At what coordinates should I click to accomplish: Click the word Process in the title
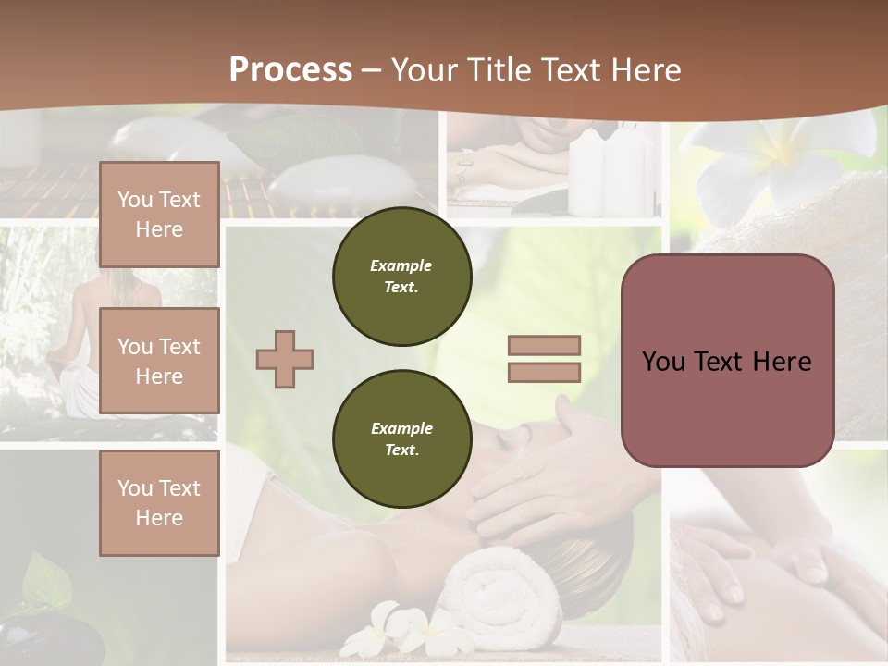click(x=290, y=69)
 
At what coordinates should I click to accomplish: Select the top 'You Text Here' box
click(x=159, y=215)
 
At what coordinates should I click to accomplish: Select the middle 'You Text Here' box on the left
click(x=159, y=361)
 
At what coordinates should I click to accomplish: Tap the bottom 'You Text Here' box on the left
click(x=159, y=502)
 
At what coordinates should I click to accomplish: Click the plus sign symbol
click(x=285, y=359)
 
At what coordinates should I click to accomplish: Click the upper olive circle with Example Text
click(x=401, y=277)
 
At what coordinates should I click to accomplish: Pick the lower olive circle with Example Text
click(x=401, y=439)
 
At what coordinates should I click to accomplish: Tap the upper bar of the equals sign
click(x=545, y=346)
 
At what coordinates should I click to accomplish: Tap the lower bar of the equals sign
click(x=545, y=372)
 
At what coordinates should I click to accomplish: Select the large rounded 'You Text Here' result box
click(x=727, y=361)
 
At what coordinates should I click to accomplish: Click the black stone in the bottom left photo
click(x=46, y=638)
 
